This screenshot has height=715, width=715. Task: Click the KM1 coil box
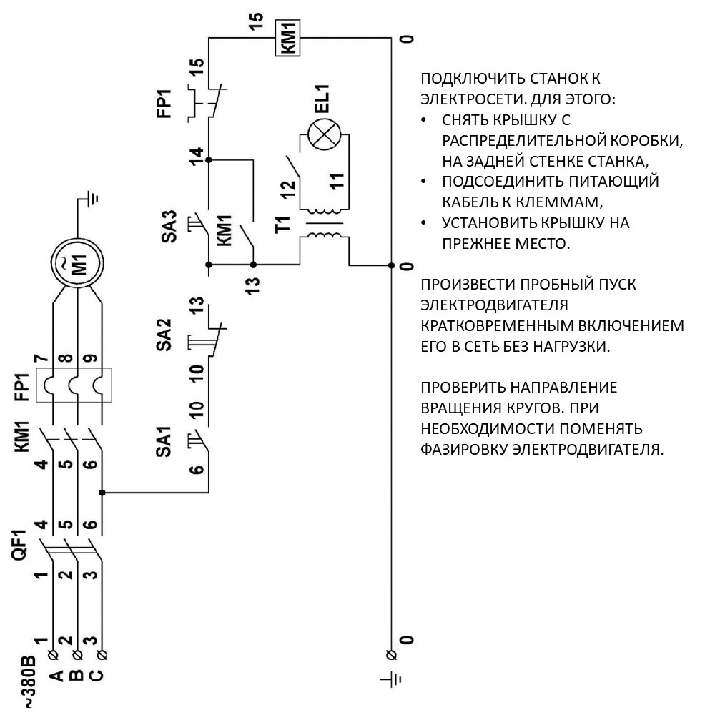pyautogui.click(x=287, y=38)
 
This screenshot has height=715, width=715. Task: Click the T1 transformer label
pyautogui.click(x=283, y=225)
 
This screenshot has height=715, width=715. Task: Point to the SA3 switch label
pyautogui.click(x=169, y=226)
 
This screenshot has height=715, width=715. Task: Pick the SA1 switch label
pyautogui.click(x=164, y=441)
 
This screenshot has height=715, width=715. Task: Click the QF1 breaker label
pyautogui.click(x=21, y=544)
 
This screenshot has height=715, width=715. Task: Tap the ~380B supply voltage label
pyautogui.click(x=29, y=681)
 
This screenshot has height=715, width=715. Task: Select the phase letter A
pyautogui.click(x=56, y=676)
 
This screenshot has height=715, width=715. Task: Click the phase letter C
pyautogui.click(x=97, y=676)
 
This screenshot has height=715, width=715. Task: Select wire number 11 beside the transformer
pyautogui.click(x=337, y=182)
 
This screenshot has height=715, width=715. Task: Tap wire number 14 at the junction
pyautogui.click(x=197, y=157)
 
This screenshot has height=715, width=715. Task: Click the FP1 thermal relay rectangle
pyautogui.click(x=74, y=385)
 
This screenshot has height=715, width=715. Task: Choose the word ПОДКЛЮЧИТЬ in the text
pyautogui.click(x=465, y=79)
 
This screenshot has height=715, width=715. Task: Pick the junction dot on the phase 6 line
pyautogui.click(x=102, y=493)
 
